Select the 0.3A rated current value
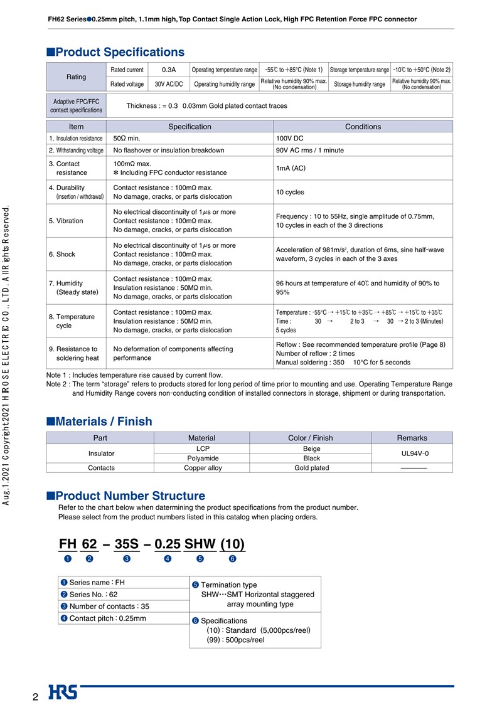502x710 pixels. [168, 70]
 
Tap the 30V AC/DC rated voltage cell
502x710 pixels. [168, 84]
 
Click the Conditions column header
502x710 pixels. [363, 127]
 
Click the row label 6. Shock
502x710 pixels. [61, 255]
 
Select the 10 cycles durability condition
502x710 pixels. [289, 192]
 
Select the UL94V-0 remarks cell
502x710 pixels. [412, 453]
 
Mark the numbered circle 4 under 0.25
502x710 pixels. [168, 559]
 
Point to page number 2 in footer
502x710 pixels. [36, 697]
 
